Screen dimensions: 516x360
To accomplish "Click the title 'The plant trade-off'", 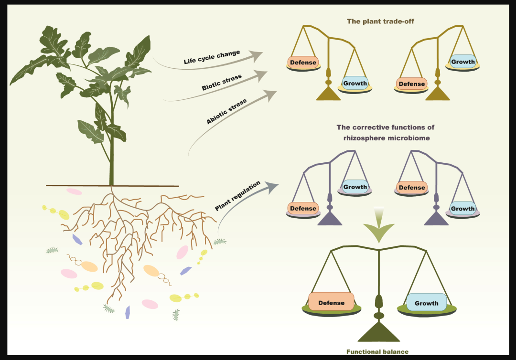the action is [x=380, y=21].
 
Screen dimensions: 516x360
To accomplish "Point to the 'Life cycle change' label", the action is [x=212, y=57].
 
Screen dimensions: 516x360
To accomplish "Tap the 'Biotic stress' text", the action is [x=222, y=82].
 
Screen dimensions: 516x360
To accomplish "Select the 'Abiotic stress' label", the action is [x=226, y=111].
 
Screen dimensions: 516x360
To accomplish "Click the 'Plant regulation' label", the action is [x=237, y=196].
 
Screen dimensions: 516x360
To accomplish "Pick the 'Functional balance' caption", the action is [x=377, y=352].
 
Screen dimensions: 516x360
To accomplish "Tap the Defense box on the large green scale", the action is [x=331, y=302].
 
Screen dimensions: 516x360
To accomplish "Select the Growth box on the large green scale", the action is [x=427, y=302].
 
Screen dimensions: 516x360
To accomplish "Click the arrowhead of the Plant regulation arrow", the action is [x=272, y=187].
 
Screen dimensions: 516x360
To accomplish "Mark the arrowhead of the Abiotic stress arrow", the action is [x=270, y=95].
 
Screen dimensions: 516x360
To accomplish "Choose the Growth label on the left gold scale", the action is [x=355, y=83].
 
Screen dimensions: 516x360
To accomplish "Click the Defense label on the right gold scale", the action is [x=412, y=84].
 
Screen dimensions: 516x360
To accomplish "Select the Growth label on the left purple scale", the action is [x=355, y=187].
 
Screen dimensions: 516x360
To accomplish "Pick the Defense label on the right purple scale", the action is [x=412, y=187].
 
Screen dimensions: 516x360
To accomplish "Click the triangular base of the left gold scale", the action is [x=328, y=93].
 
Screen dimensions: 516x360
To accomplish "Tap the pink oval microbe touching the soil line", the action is [x=74, y=191].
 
